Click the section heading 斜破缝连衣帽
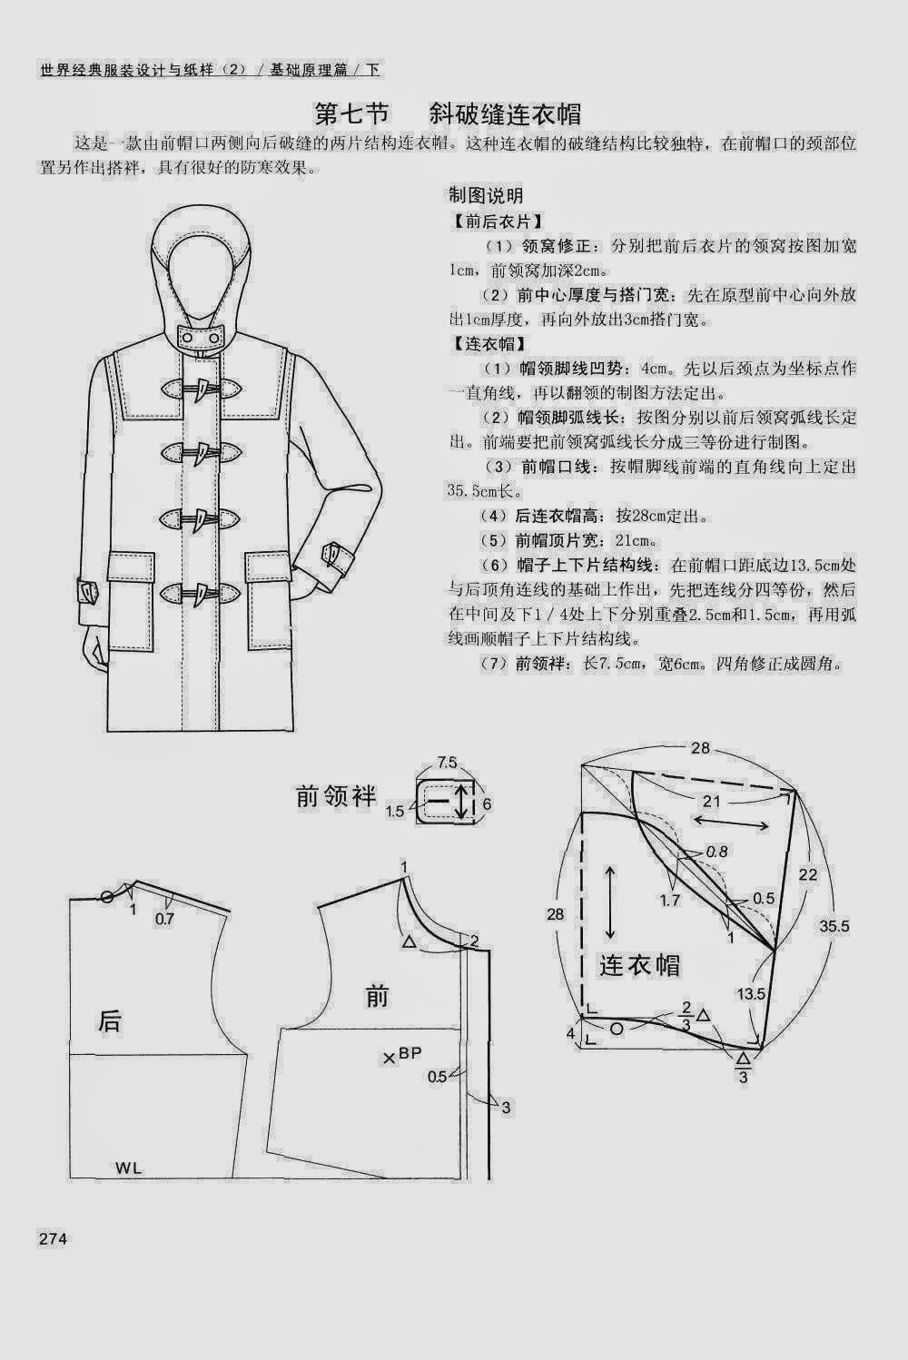[506, 115]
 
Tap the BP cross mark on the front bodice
[390, 1057]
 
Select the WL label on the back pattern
[128, 1167]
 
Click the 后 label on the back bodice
[109, 1021]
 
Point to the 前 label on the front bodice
[378, 997]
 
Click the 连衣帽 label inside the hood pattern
[639, 964]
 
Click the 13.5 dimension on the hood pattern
[751, 993]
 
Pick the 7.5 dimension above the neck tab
[447, 761]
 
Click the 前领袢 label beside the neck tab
[336, 796]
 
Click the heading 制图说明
[486, 195]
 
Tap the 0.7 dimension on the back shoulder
[164, 919]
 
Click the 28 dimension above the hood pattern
[699, 749]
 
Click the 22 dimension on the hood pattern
[807, 874]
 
